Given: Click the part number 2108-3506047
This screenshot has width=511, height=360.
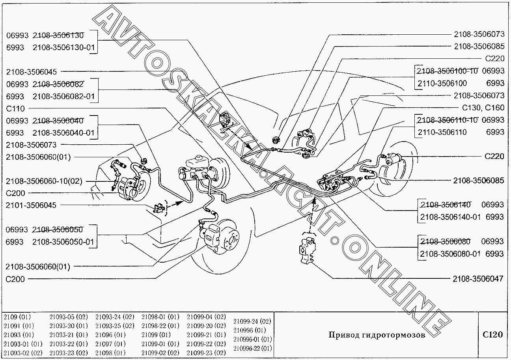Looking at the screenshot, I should pos(478,279).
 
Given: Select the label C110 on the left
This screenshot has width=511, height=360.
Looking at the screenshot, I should pos(15,108).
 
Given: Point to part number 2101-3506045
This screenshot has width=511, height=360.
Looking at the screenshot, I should pos(31,205).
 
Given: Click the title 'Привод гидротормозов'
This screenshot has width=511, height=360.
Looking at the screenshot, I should pos(377,335).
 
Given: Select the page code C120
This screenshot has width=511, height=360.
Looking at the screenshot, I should pos(493,335).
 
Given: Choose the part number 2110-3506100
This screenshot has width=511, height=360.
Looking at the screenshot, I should pos(442,83).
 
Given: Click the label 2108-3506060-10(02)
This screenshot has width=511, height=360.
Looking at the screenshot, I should pos(44,181).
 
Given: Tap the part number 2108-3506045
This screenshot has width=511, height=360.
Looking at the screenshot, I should pos(31,72).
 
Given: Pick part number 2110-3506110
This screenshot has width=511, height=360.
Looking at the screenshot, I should pos(442,132).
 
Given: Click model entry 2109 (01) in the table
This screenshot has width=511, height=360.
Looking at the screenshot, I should pos(17,317).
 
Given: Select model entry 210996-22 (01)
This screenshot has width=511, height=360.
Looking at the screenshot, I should pos(253,348).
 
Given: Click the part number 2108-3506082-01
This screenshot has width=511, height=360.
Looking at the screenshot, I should pos(63,96).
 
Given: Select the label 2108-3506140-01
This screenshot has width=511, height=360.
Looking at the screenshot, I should pos(450,216).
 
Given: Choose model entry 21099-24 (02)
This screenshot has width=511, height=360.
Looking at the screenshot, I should pos(252,321).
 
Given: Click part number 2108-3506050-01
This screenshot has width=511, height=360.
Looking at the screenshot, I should pos(63,242).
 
